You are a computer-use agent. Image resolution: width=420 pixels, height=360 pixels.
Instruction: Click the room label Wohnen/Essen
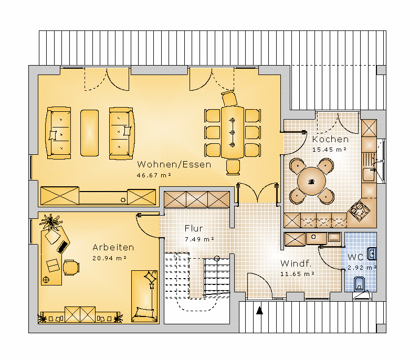coord(174,164)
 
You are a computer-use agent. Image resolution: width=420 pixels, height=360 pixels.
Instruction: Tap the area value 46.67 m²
coord(154,175)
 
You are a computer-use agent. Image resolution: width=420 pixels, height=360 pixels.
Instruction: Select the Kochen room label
coord(330,139)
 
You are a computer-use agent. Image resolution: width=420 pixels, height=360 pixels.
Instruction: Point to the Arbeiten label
coord(113,247)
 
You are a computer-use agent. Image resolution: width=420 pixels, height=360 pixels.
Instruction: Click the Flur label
coord(194,228)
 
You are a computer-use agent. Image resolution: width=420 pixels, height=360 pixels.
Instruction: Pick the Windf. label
coord(296,263)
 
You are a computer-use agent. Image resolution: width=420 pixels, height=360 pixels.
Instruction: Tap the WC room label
coord(355,257)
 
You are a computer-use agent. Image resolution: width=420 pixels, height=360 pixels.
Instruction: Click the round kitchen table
coord(311,182)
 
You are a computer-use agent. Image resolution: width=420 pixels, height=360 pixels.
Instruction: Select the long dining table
coord(233,132)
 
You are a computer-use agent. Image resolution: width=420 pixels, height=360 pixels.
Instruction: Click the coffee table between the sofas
coord(89,133)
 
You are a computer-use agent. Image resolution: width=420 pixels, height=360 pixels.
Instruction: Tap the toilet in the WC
coord(359,284)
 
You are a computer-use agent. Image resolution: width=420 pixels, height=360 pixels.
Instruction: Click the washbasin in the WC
coord(372,254)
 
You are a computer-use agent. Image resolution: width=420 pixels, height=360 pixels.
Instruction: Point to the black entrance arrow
coord(259,310)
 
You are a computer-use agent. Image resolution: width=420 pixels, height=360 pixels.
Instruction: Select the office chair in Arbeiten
coord(71,268)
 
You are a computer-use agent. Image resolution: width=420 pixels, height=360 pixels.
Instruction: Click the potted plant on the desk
coord(50,221)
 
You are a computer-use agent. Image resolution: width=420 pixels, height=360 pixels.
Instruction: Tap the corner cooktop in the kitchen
coord(359,211)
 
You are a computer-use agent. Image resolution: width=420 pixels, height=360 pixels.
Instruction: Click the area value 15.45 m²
coord(330,150)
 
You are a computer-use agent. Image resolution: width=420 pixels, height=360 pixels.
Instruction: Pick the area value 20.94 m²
coord(109,258)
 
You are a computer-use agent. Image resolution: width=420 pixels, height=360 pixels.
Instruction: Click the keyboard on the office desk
coord(62,247)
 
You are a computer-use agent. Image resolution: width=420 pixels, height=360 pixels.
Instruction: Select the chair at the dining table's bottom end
coord(233,167)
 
